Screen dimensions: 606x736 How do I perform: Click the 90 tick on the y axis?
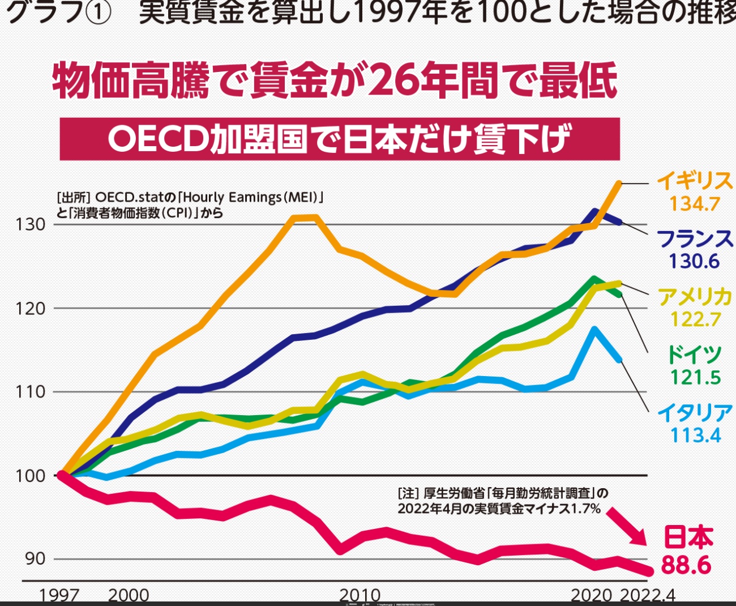(x=34, y=559)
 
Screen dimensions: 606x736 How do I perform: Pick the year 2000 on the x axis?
(x=129, y=595)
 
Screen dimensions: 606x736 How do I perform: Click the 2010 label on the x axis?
(x=360, y=595)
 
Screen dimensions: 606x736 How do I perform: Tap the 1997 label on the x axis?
(x=59, y=595)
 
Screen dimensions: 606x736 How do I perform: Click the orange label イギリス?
(x=694, y=181)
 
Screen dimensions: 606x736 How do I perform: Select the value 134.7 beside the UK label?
(x=694, y=204)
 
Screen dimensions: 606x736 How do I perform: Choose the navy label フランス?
(x=694, y=238)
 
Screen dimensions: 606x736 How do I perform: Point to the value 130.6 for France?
(x=694, y=261)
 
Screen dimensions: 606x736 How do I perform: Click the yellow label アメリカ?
(x=694, y=297)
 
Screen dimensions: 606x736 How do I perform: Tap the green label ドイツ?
(x=694, y=354)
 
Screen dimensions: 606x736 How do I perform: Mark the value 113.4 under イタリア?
(x=695, y=435)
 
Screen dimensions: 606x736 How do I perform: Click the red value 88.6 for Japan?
(x=686, y=564)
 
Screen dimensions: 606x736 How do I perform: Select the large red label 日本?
(x=688, y=537)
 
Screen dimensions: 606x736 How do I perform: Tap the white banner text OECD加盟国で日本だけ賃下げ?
(x=340, y=139)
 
